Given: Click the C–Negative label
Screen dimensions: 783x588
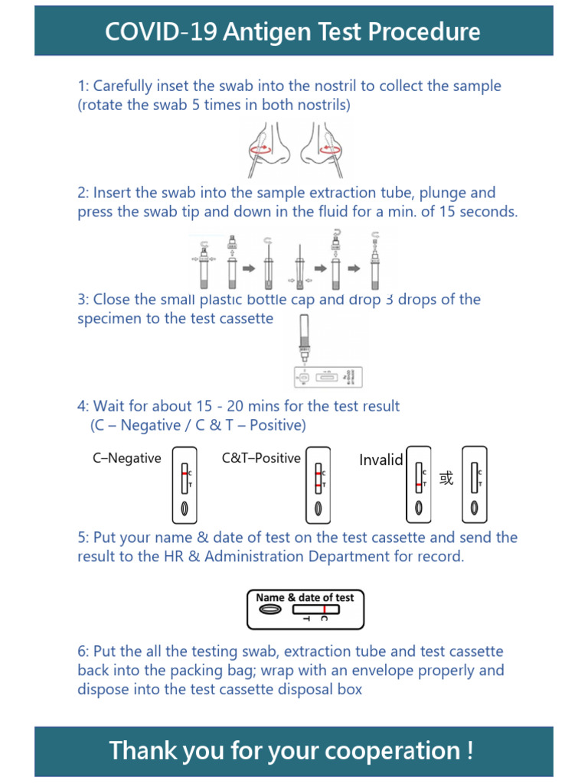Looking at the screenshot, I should click(126, 459).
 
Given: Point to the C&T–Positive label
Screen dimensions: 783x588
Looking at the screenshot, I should click(261, 459).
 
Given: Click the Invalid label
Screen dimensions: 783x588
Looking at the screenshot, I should click(381, 460).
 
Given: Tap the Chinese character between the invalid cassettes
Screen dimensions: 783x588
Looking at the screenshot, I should click(446, 479).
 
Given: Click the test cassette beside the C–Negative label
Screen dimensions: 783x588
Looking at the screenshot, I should click(185, 485).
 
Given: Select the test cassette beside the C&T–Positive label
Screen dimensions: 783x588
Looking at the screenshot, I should click(318, 485).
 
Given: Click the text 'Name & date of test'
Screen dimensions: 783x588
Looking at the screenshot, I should click(305, 597).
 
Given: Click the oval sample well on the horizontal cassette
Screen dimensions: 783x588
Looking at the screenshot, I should click(269, 610).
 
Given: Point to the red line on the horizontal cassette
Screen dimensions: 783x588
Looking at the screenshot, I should click(325, 609).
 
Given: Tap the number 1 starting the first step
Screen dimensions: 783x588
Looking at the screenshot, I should click(81, 86).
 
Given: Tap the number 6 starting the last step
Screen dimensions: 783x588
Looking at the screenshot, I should click(82, 652).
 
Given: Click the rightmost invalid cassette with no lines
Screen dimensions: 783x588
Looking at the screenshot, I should click(475, 485).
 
